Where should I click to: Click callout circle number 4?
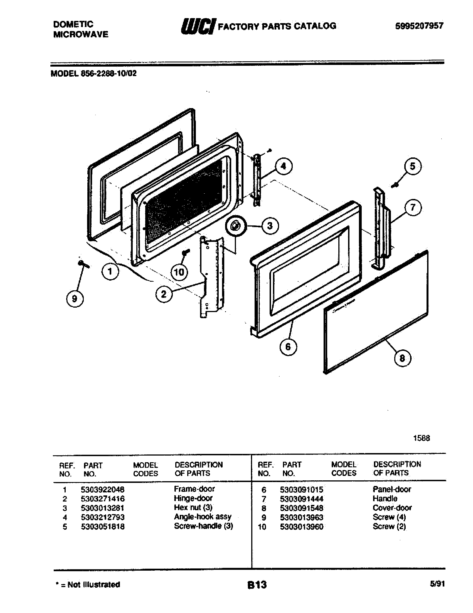point(284,167)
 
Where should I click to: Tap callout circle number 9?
point(75,298)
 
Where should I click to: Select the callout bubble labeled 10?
point(179,272)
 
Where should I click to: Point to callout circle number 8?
point(402,358)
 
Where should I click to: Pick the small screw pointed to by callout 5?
point(395,184)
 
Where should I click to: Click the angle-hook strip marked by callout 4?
point(257,180)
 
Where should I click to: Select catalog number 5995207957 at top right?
point(419,26)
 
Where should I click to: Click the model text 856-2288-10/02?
point(109,74)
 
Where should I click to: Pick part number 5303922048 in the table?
point(103,490)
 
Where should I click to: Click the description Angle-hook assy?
point(203,517)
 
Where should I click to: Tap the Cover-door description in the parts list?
point(392,508)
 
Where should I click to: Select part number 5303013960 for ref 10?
point(302,527)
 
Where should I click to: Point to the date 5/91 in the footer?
point(437,584)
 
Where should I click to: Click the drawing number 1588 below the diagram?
point(422,438)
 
